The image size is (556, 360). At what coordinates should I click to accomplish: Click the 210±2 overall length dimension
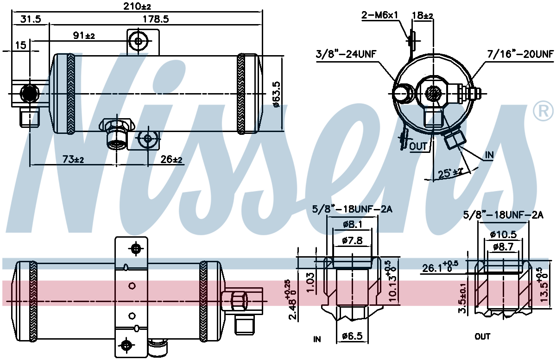(137, 6)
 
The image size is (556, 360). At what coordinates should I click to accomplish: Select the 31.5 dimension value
(31, 19)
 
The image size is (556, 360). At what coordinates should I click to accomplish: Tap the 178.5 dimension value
(156, 19)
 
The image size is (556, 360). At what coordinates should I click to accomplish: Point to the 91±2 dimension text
(84, 36)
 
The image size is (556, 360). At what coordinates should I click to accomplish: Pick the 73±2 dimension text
(73, 159)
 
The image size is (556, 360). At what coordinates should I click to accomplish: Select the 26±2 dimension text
(171, 159)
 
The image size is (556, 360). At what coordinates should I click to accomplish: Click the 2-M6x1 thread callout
(379, 15)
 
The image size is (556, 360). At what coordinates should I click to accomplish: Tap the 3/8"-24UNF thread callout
(346, 54)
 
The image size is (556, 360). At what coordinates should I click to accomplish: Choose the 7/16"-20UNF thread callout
(520, 54)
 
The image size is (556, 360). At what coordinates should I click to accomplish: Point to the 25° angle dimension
(450, 173)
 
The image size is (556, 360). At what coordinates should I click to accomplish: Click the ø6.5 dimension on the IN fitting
(352, 336)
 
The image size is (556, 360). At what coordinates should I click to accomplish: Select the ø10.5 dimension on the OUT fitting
(503, 234)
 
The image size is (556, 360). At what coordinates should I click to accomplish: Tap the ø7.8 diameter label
(352, 240)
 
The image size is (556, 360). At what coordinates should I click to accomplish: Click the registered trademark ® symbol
(543, 111)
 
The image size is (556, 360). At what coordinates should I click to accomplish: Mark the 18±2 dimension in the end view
(423, 15)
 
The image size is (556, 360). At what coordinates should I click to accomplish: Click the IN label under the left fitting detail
(317, 339)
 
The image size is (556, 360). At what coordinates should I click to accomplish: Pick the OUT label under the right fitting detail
(482, 337)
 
